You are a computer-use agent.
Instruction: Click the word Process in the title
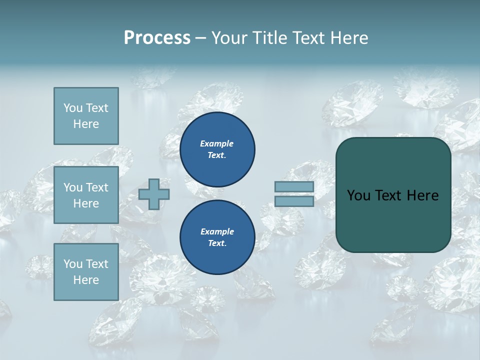[157, 38]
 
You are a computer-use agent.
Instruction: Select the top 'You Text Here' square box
[86, 116]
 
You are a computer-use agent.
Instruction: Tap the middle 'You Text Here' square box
[86, 195]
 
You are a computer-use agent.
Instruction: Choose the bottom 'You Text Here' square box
[86, 272]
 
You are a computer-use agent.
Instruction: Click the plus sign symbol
[154, 194]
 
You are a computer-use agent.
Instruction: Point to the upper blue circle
[217, 149]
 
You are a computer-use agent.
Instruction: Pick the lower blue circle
[217, 237]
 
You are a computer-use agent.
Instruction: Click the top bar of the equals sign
[294, 186]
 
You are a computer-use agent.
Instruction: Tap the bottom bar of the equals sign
[294, 201]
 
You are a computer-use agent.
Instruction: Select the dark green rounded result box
[393, 195]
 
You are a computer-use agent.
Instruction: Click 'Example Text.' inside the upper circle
[217, 149]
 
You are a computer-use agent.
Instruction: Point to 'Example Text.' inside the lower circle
[217, 237]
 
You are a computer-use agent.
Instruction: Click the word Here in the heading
[350, 38]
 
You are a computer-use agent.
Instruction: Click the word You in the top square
[73, 108]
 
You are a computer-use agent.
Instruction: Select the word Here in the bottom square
[86, 280]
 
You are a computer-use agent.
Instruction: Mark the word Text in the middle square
[96, 187]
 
